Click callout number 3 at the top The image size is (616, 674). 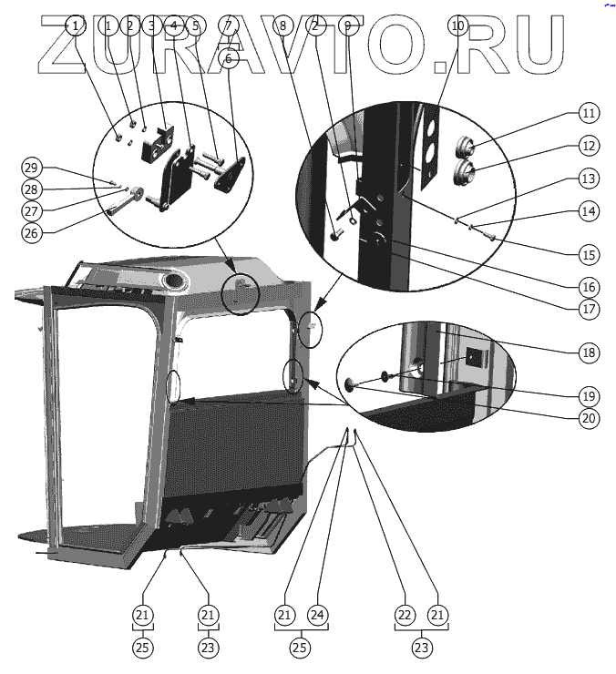click(x=151, y=26)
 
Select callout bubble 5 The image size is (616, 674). click(x=194, y=26)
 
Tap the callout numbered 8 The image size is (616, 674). click(x=283, y=26)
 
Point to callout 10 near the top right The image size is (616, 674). click(x=458, y=26)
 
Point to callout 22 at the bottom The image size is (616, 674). click(x=405, y=616)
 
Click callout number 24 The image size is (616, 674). click(x=317, y=616)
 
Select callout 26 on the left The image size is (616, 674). click(x=32, y=232)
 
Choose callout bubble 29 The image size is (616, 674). click(x=32, y=168)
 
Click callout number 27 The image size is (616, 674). click(x=32, y=210)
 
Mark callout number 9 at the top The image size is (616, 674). click(x=346, y=26)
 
